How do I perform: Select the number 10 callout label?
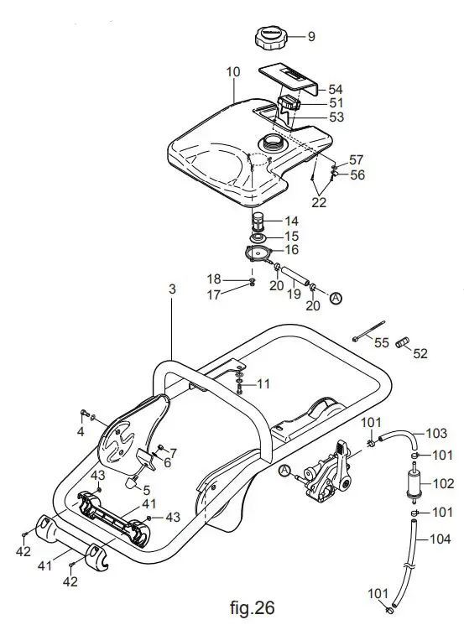(x=233, y=73)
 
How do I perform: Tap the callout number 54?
(x=336, y=89)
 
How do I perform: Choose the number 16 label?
(x=292, y=249)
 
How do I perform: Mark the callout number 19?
(x=292, y=296)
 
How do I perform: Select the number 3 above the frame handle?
(x=172, y=289)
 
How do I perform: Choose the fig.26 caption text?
(x=251, y=606)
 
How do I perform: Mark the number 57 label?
(x=357, y=159)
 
